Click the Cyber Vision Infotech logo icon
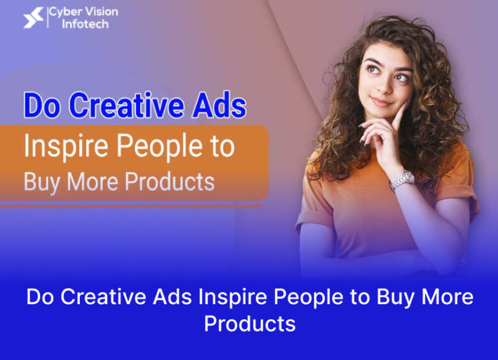click(x=33, y=18)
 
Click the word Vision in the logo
click(x=101, y=12)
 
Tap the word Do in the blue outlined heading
click(x=41, y=106)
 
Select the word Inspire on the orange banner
click(x=64, y=147)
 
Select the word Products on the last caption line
click(x=250, y=322)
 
